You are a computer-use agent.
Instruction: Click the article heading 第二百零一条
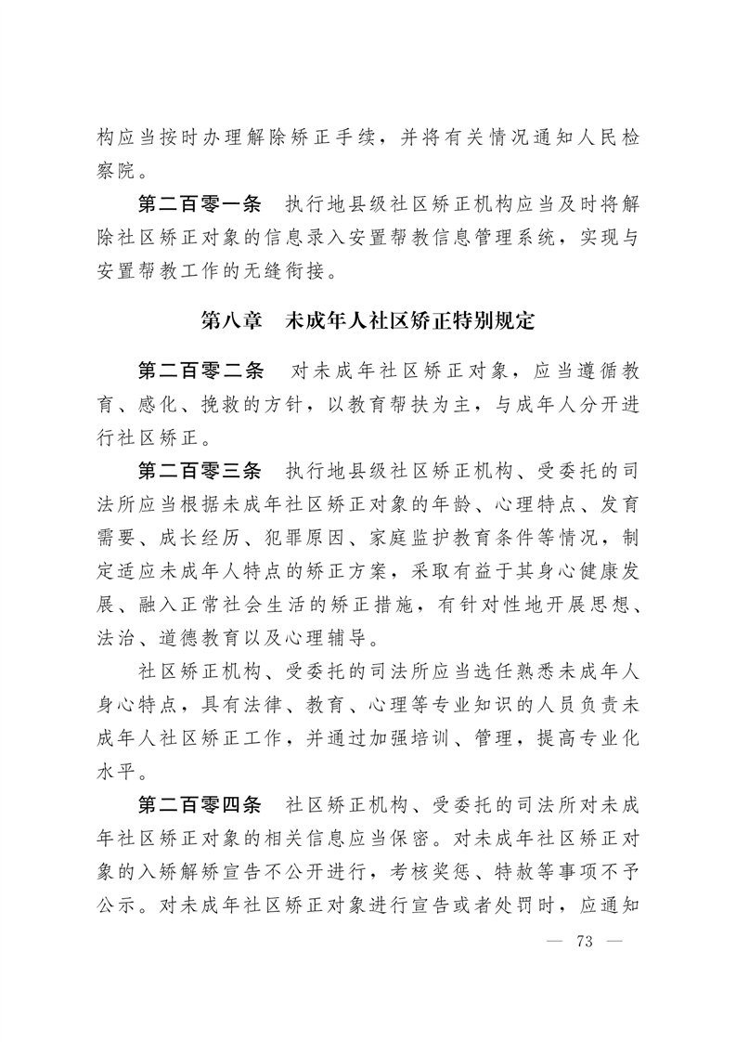click(x=200, y=204)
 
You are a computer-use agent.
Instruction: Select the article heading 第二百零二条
click(x=200, y=370)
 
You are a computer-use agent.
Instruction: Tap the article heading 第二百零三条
click(x=200, y=470)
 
